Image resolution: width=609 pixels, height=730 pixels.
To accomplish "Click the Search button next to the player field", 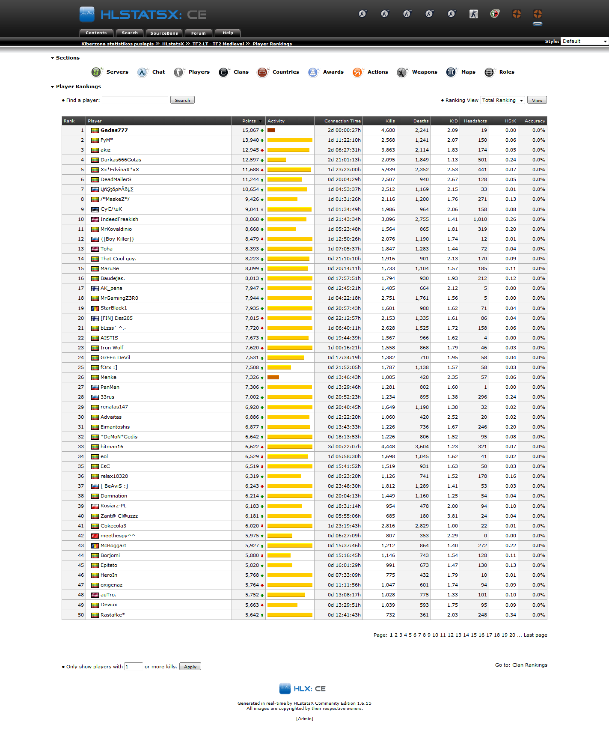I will click(182, 100).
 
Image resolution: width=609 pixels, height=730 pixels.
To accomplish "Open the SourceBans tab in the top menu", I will click(164, 33).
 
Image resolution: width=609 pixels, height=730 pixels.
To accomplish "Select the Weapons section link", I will click(424, 72).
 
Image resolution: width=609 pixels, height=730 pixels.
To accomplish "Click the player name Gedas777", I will click(114, 130).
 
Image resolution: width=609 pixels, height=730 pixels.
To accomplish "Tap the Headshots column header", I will click(475, 121).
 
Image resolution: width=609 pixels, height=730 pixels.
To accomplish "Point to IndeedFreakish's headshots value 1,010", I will click(480, 219).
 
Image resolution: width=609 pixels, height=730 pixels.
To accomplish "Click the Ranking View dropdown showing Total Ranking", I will click(502, 100).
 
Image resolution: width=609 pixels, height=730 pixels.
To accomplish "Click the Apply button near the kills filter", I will click(190, 667).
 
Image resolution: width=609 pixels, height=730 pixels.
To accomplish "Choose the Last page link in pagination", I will click(535, 635).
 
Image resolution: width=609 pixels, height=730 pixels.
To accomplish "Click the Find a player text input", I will click(135, 100).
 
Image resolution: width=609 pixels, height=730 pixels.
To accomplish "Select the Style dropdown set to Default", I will click(584, 41).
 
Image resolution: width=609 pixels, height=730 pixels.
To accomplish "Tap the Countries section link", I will click(285, 72).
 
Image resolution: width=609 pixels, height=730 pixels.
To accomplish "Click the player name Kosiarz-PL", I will click(113, 506).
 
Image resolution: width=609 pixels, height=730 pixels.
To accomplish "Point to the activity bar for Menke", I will click(273, 377).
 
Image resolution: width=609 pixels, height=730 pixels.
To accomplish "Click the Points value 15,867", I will click(250, 130).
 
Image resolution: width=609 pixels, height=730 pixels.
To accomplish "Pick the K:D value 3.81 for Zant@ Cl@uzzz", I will click(452, 516).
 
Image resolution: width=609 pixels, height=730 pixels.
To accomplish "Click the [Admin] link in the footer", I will click(304, 718).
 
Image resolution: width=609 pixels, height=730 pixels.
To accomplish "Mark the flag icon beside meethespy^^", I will click(95, 536).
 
